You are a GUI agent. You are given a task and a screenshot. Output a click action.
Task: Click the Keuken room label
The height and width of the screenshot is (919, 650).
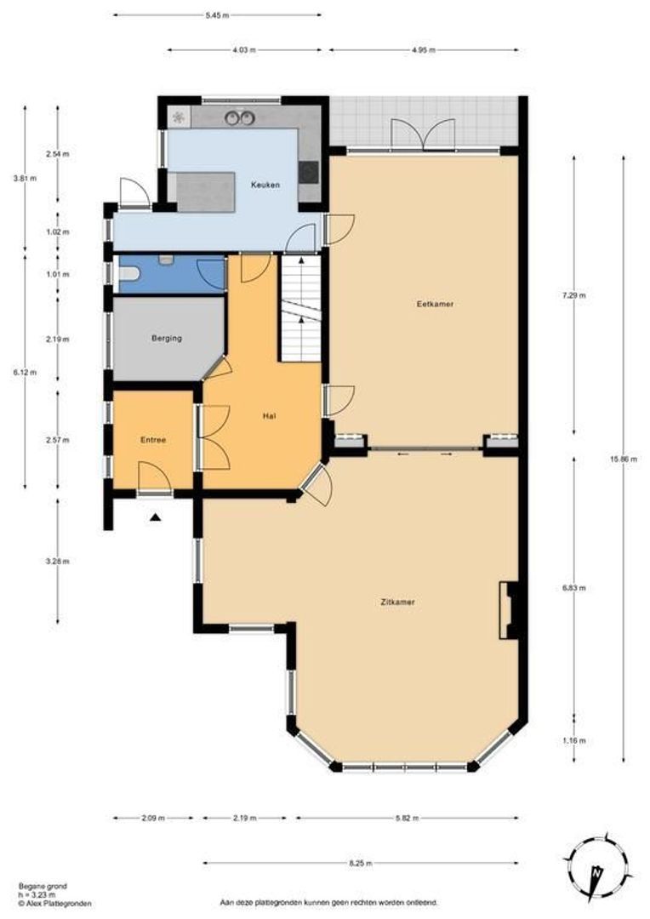(x=265, y=185)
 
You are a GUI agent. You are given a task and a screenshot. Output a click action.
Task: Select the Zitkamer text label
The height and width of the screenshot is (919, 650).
(x=398, y=602)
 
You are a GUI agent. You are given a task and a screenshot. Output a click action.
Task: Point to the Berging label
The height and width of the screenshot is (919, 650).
(x=166, y=338)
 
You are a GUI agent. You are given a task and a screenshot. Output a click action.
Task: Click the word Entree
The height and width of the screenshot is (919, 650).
(x=153, y=440)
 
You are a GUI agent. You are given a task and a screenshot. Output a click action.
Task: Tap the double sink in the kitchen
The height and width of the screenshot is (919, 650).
(x=239, y=117)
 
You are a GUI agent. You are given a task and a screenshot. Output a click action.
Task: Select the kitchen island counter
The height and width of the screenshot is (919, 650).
(x=205, y=191)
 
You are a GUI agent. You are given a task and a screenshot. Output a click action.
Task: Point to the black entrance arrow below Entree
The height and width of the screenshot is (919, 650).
(x=155, y=516)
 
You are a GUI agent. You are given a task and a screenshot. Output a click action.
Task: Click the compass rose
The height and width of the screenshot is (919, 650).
(x=599, y=868)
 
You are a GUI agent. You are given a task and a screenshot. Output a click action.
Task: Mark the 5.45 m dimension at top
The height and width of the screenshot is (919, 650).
(x=218, y=15)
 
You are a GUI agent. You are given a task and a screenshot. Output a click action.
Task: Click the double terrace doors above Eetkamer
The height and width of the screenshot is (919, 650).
(x=423, y=134)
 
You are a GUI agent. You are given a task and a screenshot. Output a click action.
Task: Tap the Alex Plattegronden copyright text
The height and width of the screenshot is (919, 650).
(x=54, y=904)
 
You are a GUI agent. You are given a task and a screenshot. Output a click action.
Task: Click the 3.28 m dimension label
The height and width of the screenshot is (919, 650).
(x=59, y=561)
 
